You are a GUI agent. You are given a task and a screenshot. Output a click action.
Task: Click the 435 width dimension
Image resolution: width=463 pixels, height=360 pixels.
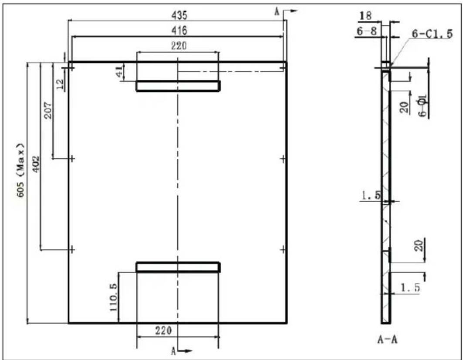point(179,15)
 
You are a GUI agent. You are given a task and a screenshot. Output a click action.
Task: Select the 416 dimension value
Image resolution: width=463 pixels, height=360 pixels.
point(179,31)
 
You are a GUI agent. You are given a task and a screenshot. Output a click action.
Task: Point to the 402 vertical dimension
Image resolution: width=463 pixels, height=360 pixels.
point(36,164)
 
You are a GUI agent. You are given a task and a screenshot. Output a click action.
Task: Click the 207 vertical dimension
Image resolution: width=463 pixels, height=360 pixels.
point(48,110)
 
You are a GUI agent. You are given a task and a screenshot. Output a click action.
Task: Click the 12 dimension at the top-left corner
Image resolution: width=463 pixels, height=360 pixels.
point(60,84)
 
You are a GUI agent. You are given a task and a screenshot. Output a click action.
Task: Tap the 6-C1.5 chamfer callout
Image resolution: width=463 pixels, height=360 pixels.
point(432,34)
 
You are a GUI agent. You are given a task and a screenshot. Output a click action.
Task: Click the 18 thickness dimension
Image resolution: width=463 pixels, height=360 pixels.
point(365,16)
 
